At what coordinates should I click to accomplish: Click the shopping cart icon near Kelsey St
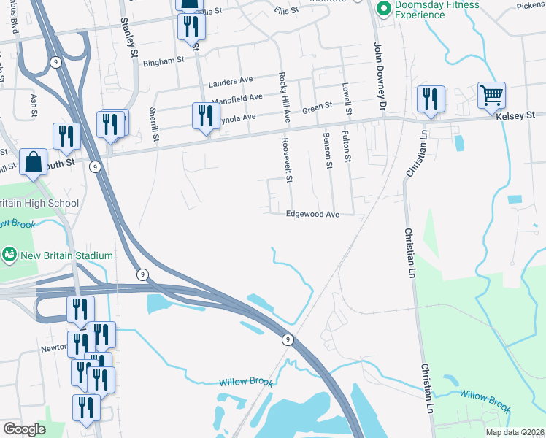(491, 95)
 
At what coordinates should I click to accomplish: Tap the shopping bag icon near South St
(34, 162)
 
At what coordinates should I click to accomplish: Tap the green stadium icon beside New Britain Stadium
(9, 255)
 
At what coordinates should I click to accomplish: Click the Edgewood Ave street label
(312, 214)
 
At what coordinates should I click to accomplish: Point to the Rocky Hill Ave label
(286, 96)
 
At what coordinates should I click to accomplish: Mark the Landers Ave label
(230, 82)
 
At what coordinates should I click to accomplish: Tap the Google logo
(24, 429)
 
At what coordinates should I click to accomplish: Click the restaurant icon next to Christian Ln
(430, 99)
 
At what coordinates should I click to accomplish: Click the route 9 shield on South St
(95, 167)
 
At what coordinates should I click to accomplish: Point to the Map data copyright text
(515, 431)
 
